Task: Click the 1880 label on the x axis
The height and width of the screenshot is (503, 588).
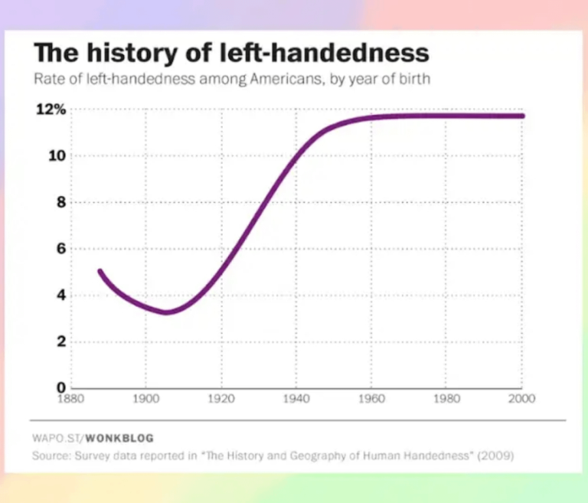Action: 70,398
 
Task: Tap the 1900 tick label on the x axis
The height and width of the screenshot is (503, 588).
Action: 145,398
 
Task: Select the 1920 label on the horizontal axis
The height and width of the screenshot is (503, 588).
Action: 220,398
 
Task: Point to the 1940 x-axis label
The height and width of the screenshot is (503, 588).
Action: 296,398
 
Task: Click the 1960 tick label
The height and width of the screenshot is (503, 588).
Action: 371,398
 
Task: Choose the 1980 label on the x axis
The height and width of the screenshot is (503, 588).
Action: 446,398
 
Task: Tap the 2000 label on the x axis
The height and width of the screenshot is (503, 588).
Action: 522,398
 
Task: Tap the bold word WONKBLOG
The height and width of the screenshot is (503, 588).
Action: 119,438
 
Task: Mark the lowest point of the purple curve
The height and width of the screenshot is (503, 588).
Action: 165,312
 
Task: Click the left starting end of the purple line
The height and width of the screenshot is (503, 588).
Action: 100,271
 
